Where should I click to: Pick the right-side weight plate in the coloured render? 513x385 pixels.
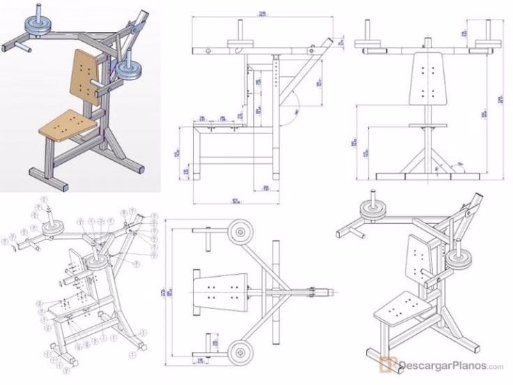[127, 69]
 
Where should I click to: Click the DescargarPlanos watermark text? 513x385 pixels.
[446, 365]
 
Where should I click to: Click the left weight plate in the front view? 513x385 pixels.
[369, 44]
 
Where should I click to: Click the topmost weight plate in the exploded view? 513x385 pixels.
[52, 228]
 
